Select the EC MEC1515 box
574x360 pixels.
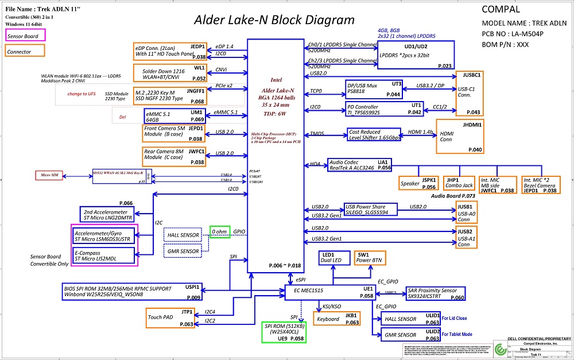(330, 292)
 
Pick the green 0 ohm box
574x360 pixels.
(220, 231)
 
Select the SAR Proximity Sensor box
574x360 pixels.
(435, 293)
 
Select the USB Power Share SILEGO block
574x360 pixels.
(370, 210)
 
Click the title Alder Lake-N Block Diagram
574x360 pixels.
(274, 20)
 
